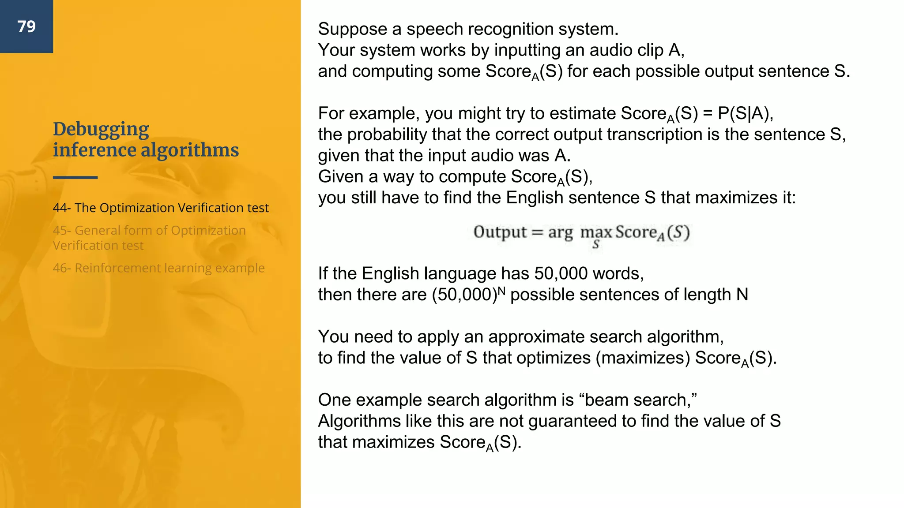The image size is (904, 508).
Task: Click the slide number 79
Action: (x=26, y=26)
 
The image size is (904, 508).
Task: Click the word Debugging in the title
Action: (x=101, y=129)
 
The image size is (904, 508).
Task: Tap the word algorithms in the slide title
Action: (x=190, y=150)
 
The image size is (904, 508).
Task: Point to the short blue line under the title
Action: (x=75, y=177)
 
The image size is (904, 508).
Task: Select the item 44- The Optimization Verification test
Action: (x=161, y=208)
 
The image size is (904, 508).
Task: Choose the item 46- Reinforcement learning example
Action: (x=158, y=268)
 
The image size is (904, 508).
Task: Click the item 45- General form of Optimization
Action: (x=149, y=231)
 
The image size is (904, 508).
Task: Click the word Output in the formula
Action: (x=500, y=232)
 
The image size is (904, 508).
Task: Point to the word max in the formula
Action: (x=596, y=232)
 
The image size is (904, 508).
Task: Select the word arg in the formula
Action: (x=560, y=232)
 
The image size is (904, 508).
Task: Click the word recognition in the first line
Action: (x=510, y=30)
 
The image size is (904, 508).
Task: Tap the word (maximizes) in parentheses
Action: (x=643, y=358)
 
